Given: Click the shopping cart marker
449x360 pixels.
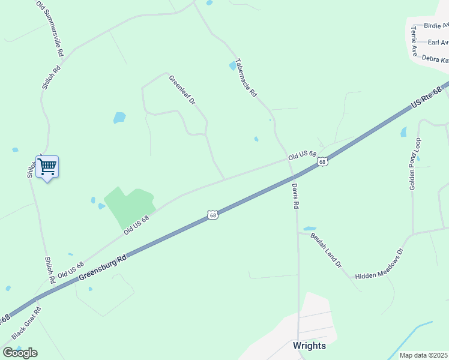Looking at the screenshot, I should (47, 166).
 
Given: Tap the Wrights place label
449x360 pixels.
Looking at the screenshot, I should (309, 346).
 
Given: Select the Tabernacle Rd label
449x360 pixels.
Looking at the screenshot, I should (246, 77).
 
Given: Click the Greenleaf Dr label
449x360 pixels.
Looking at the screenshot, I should (182, 90).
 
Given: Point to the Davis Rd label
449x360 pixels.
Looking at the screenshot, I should (295, 196).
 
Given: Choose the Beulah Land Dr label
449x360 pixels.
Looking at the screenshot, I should (326, 250).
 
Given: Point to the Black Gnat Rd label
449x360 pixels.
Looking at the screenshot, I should (26, 323).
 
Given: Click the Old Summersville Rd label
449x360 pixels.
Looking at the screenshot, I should (50, 28).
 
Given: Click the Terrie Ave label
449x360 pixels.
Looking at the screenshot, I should (414, 41).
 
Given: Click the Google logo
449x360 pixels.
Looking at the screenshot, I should (20, 353).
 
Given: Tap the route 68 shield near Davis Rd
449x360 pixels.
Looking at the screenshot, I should (323, 162).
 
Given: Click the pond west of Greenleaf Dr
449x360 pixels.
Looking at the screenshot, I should (119, 118).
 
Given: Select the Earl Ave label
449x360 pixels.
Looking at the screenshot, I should (438, 43).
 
